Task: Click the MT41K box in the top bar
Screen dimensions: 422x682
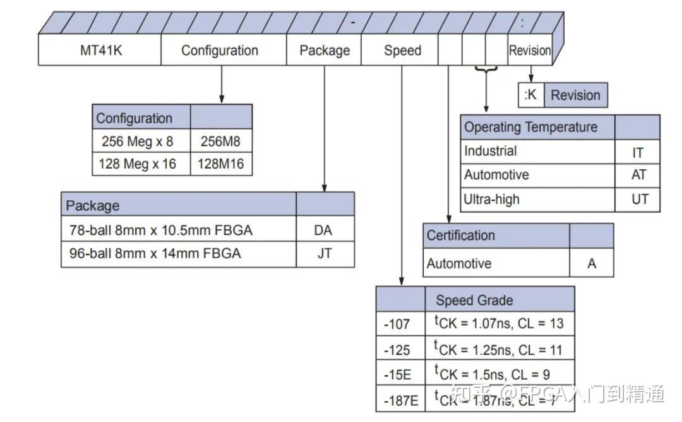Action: pos(100,51)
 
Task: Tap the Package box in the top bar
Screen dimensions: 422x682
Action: pos(324,51)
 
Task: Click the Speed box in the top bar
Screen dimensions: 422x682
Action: pos(401,51)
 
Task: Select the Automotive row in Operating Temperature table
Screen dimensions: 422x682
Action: pos(538,175)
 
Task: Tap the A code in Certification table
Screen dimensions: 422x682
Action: pos(591,263)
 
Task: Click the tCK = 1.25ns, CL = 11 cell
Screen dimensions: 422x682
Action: pos(498,349)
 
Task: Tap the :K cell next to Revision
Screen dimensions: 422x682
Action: pos(530,95)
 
